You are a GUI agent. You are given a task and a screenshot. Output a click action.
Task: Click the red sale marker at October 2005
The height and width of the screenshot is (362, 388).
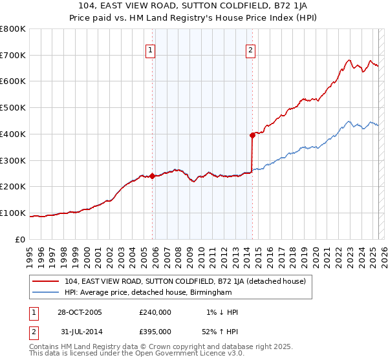[153, 176]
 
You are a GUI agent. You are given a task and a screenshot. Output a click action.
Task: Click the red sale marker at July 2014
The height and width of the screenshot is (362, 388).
[252, 135]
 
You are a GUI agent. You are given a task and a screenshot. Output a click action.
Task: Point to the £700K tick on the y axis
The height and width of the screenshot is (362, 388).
[13, 56]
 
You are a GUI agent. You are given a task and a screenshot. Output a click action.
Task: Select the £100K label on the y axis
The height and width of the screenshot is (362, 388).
[13, 213]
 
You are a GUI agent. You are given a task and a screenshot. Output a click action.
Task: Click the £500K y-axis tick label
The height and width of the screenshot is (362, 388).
[13, 108]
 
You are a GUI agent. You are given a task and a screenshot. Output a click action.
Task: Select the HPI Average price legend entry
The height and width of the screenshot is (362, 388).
[147, 292]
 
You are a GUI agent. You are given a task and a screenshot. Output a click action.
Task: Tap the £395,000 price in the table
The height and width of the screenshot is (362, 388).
[155, 331]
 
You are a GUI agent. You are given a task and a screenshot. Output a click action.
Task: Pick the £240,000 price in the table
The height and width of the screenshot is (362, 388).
[155, 312]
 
